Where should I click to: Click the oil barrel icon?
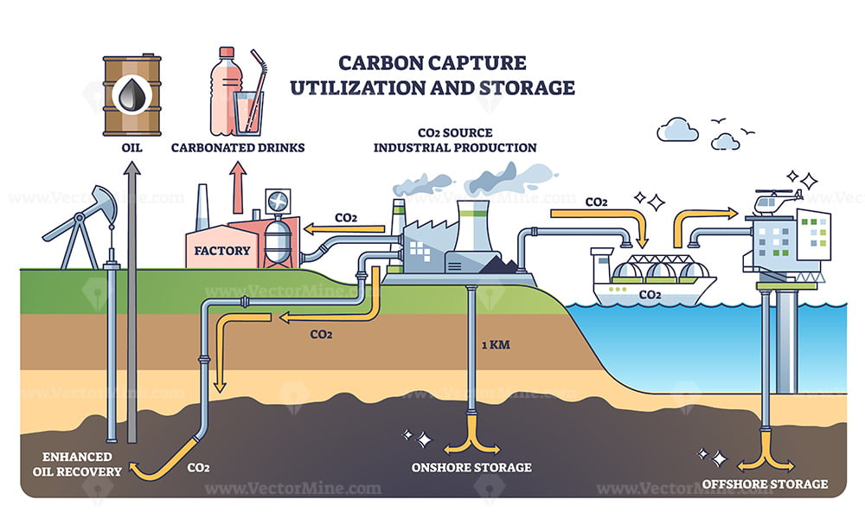(x=131, y=95)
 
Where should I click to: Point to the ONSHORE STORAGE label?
(x=472, y=468)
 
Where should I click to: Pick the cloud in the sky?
(x=676, y=131)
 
